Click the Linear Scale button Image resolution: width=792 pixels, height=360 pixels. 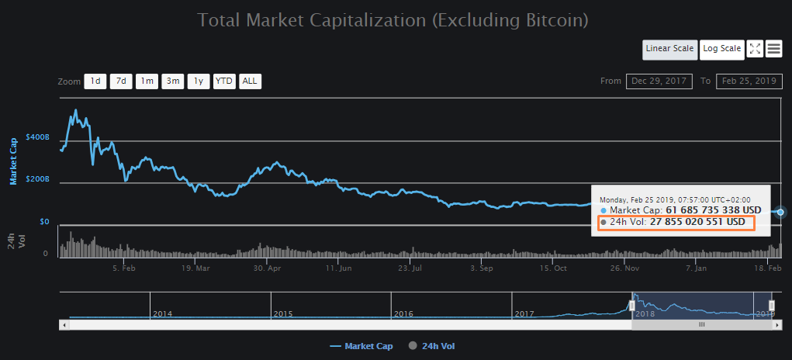click(669, 49)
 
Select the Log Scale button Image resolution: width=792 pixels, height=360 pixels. click(721, 49)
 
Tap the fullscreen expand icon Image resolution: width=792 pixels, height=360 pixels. click(755, 49)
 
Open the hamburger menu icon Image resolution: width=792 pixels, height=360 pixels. click(773, 49)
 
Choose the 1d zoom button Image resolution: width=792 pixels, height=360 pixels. click(95, 81)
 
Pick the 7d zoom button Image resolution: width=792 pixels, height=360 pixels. click(121, 81)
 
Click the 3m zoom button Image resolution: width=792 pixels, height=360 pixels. click(172, 81)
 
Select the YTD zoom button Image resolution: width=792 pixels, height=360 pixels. click(224, 81)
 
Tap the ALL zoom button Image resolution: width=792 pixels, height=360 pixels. click(250, 81)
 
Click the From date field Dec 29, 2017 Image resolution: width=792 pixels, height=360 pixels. click(659, 81)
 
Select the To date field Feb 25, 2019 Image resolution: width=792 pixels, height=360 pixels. click(749, 81)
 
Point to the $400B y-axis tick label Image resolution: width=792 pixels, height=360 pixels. click(37, 137)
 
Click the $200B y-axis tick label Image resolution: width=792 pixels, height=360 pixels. click(37, 179)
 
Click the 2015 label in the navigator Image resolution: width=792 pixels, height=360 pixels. click(283, 313)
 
